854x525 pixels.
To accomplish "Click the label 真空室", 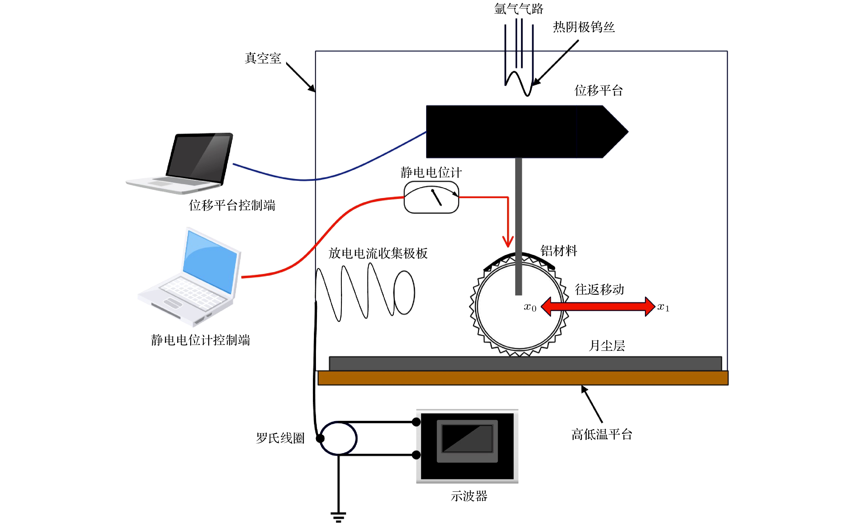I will (263, 58).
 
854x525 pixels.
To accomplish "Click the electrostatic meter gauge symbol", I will (431, 197).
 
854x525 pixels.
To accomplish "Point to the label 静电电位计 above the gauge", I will (431, 172).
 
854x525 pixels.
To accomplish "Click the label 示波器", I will (469, 496).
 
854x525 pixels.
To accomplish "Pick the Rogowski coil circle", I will (338, 438).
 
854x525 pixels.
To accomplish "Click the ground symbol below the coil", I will (338, 516).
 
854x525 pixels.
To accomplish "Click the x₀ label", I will (530, 307).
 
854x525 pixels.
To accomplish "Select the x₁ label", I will (663, 307).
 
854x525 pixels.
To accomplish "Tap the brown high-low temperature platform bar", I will (523, 378).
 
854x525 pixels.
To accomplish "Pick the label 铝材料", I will (559, 250).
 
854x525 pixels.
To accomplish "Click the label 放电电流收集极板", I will (378, 253).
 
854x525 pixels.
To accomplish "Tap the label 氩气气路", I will (518, 8).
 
